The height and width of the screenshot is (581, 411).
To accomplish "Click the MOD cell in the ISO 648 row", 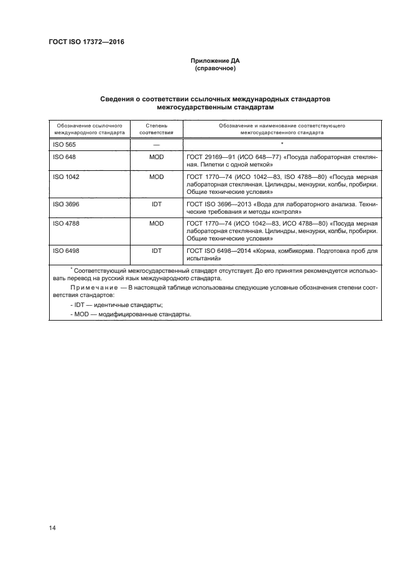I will pyautogui.click(x=156, y=158).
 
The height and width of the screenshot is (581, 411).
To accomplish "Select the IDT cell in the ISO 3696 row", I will pyautogui.click(x=156, y=203).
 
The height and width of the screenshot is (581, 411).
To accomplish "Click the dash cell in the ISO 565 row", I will pyautogui.click(x=156, y=144).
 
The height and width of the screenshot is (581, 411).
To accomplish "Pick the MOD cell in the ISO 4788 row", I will pyautogui.click(x=156, y=222).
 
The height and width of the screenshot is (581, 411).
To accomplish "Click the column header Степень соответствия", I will pyautogui.click(x=156, y=129).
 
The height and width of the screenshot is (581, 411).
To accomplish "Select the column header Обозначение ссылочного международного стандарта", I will pyautogui.click(x=90, y=129).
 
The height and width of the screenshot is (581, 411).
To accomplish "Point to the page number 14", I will pyautogui.click(x=52, y=528).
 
